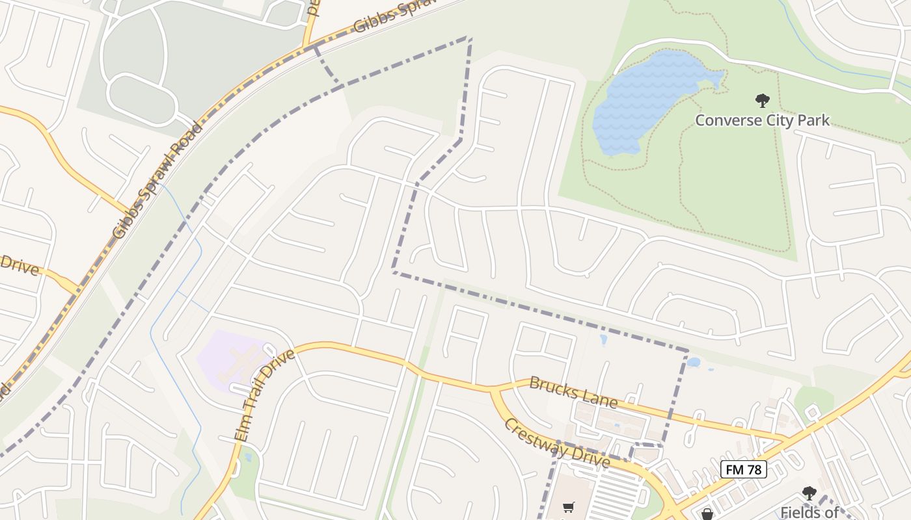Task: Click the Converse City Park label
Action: pos(762,120)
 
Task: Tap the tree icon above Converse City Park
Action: pos(762,101)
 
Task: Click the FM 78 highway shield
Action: pos(743,469)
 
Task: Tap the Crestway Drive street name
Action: pos(557,444)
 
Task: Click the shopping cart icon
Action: pos(568,507)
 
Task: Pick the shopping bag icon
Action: pos(707,514)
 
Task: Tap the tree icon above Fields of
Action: pos(809,493)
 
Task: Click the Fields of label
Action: pos(809,512)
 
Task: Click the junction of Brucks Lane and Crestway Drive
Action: pos(493,389)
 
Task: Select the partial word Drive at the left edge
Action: pos(20,265)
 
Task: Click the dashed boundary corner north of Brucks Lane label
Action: pos(687,351)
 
